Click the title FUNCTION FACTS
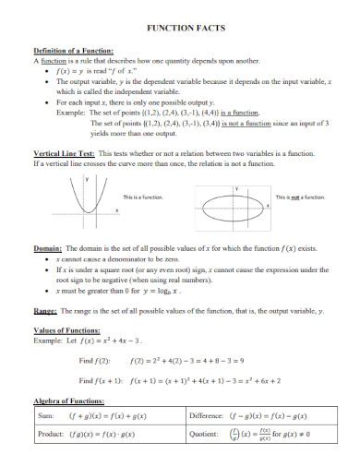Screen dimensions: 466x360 tap(180, 29)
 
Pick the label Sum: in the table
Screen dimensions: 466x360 tap(46, 415)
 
